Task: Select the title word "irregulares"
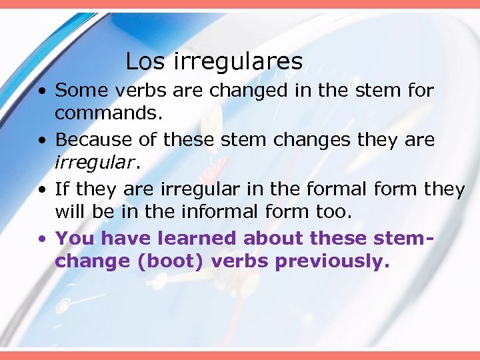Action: tap(238, 62)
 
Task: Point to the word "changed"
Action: tap(249, 90)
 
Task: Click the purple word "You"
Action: tap(75, 238)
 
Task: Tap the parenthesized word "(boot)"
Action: tap(172, 261)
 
